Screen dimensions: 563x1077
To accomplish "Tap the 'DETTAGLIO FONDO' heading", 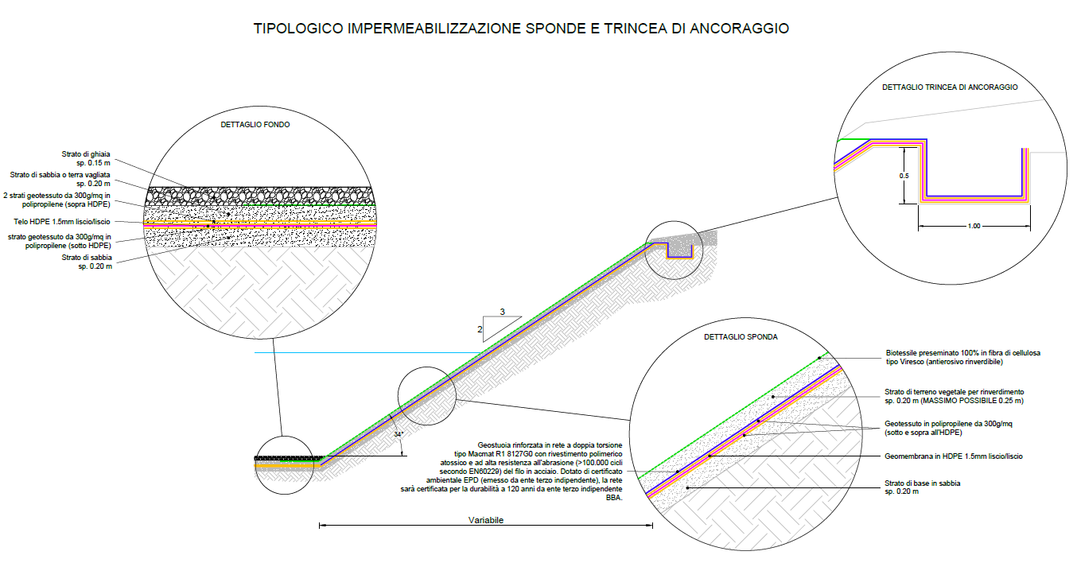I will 255,125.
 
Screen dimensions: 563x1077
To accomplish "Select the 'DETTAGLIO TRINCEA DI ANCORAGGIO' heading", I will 950,87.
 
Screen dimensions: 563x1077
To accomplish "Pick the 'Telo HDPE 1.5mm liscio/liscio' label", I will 62,222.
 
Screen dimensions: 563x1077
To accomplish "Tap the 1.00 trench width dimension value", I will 974,227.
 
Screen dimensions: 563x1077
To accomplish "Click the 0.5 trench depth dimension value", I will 904,176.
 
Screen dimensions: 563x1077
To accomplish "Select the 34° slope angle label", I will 399,434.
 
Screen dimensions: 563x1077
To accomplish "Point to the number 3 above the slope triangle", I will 502,312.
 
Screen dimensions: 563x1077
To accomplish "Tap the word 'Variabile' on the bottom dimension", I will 486,520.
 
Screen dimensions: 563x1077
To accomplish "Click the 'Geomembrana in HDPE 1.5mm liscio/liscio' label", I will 953,456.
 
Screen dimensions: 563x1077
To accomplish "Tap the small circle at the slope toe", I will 287,464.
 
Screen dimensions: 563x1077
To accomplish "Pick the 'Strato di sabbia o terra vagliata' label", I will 60,175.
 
